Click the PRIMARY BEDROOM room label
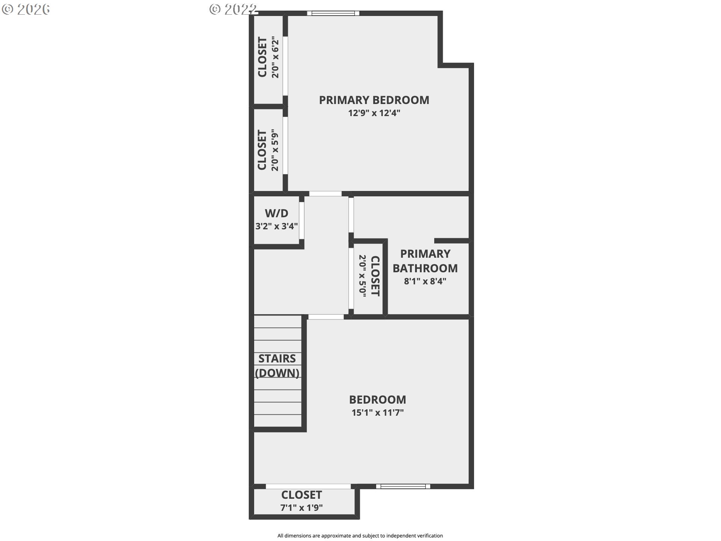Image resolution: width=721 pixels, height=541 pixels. (374, 100)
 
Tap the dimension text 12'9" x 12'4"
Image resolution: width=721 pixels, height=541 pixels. (374, 113)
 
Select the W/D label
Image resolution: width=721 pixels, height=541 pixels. (277, 213)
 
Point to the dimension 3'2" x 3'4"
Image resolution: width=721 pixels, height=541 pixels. (277, 226)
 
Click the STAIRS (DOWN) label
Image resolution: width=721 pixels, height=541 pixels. (277, 366)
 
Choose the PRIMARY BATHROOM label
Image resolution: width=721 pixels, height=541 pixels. (425, 261)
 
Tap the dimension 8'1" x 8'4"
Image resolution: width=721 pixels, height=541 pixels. (425, 281)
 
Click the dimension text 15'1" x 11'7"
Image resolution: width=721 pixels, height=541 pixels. (377, 413)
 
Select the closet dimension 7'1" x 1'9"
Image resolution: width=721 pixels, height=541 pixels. (302, 508)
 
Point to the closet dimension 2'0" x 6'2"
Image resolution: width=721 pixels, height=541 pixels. (275, 57)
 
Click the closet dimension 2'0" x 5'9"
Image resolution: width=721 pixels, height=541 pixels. (275, 151)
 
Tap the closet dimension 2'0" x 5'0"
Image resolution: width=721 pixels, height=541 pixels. (362, 276)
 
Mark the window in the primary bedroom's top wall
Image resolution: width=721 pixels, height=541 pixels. (333, 14)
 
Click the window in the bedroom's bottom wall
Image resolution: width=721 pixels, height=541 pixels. (403, 487)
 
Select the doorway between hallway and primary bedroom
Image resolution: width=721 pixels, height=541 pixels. (325, 194)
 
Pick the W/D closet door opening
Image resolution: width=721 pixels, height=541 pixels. (301, 221)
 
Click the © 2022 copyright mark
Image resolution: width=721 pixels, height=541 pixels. (233, 9)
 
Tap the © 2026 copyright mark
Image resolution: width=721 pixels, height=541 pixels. (26, 9)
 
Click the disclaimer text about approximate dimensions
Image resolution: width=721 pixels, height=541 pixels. (360, 536)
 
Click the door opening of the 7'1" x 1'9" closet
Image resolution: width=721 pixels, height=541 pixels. (308, 487)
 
